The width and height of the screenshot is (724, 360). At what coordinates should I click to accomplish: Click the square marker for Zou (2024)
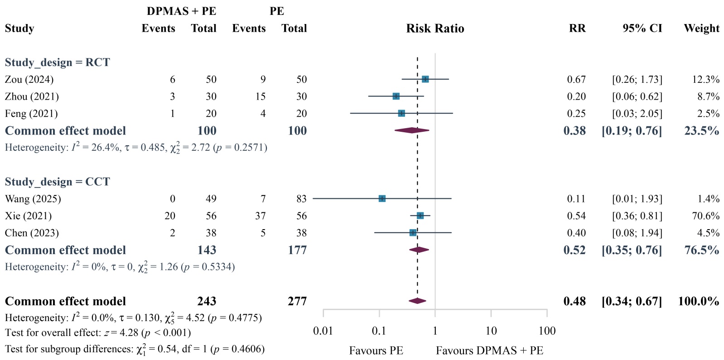(x=425, y=79)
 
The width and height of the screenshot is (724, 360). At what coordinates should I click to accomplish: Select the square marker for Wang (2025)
(x=382, y=199)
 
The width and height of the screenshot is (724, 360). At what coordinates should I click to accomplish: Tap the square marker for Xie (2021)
(x=420, y=216)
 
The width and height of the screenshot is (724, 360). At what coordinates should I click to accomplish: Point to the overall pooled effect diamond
(x=417, y=301)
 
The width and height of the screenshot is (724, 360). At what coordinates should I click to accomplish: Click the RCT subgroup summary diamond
(x=412, y=130)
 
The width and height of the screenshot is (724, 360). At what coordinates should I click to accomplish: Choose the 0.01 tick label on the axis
(x=323, y=331)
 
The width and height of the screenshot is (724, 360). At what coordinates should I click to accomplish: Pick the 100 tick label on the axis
(x=547, y=331)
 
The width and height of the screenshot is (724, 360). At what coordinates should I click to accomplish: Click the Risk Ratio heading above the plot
(x=435, y=29)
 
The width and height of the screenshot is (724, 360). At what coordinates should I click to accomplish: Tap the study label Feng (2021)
(x=31, y=114)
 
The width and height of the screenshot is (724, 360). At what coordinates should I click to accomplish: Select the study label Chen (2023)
(x=32, y=233)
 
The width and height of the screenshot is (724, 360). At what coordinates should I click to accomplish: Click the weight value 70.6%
(x=705, y=216)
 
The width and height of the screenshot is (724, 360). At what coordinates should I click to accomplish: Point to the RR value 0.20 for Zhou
(x=576, y=96)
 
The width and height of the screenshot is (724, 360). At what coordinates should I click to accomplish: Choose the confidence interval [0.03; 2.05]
(x=637, y=114)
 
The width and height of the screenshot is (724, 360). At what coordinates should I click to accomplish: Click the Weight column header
(x=701, y=29)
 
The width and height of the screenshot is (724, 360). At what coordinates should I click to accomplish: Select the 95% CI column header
(x=642, y=29)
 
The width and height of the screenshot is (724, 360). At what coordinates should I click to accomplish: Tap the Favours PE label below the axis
(x=376, y=350)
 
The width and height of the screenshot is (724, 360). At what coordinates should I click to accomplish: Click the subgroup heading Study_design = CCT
(x=57, y=182)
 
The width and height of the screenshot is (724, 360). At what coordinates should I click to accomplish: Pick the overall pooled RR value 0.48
(x=574, y=302)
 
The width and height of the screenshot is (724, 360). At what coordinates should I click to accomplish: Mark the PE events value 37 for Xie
(x=260, y=216)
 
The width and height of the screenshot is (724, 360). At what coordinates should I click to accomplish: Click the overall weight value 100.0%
(x=698, y=302)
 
